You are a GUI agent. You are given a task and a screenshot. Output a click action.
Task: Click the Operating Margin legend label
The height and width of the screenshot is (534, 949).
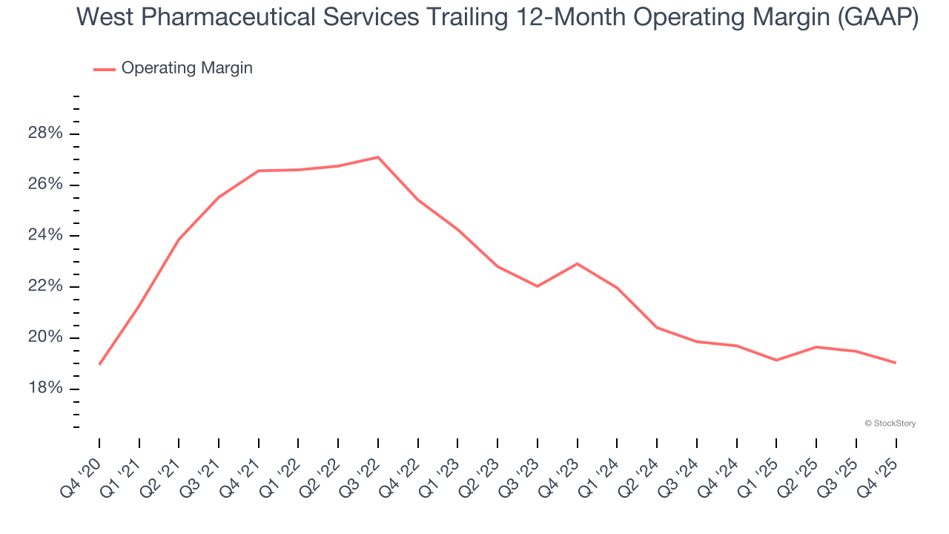point(186,68)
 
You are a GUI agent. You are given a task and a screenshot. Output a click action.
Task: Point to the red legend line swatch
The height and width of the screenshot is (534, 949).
point(104,69)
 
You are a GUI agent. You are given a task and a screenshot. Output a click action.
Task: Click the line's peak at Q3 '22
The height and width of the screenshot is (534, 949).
point(378,157)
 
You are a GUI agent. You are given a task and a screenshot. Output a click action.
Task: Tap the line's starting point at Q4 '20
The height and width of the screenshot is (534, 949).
point(99,364)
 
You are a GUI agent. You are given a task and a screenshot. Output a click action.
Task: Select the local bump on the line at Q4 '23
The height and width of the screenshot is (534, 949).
point(577,264)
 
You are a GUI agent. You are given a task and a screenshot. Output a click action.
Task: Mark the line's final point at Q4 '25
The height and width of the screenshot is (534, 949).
point(896,363)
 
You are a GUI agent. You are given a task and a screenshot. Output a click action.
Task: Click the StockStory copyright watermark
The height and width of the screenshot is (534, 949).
point(890,423)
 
